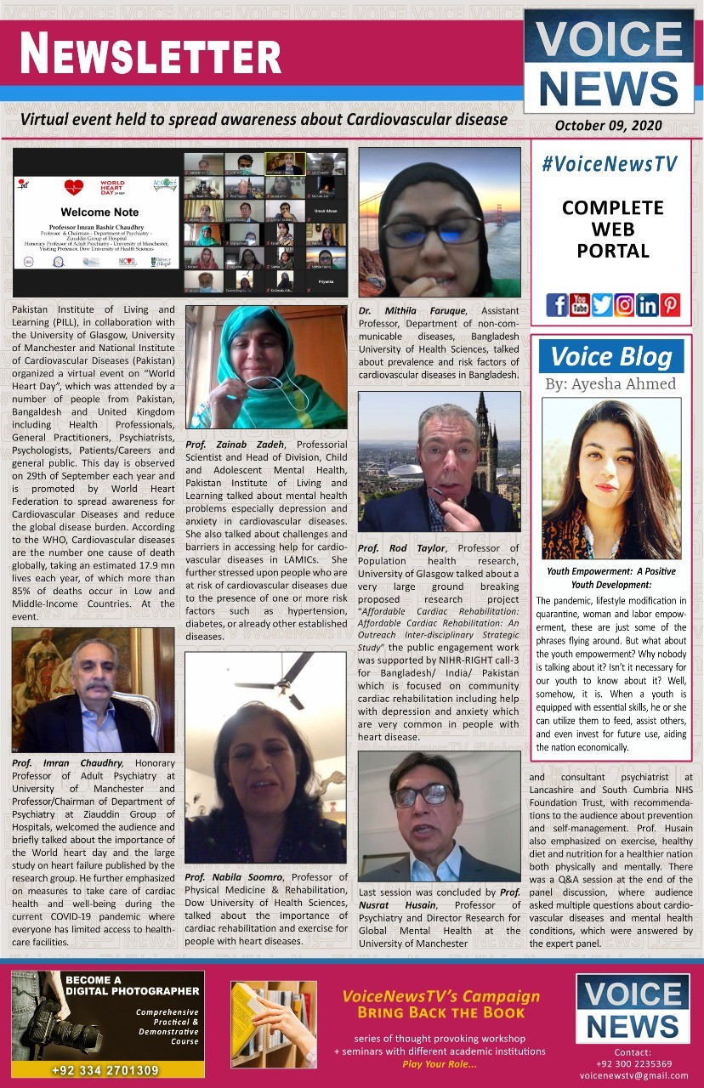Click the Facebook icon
557,304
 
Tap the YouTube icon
580,304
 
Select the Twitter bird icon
602,304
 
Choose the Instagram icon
624,304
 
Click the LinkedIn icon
647,304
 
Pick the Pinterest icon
670,304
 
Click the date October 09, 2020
608,126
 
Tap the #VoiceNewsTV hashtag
609,164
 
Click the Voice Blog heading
611,357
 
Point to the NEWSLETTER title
150,54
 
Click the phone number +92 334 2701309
105,1069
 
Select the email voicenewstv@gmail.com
634,1074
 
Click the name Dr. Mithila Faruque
413,311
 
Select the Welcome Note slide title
99,212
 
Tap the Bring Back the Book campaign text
440,1012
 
